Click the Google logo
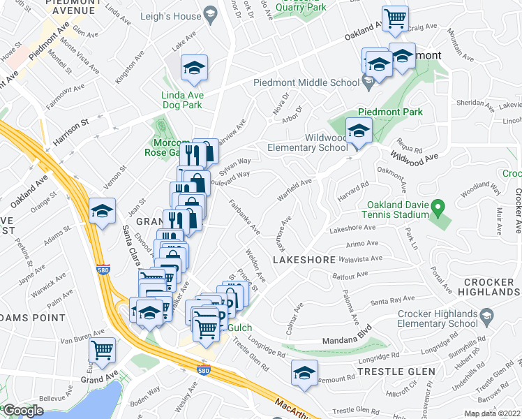[22, 411]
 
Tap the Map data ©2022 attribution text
[492, 413]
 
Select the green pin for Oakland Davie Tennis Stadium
[438, 207]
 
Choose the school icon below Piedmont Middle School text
[369, 84]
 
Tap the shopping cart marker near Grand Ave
[103, 348]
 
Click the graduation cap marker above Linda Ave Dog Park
[193, 68]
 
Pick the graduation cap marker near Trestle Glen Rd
[304, 372]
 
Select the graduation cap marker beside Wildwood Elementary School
[359, 131]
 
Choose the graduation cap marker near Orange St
[102, 211]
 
